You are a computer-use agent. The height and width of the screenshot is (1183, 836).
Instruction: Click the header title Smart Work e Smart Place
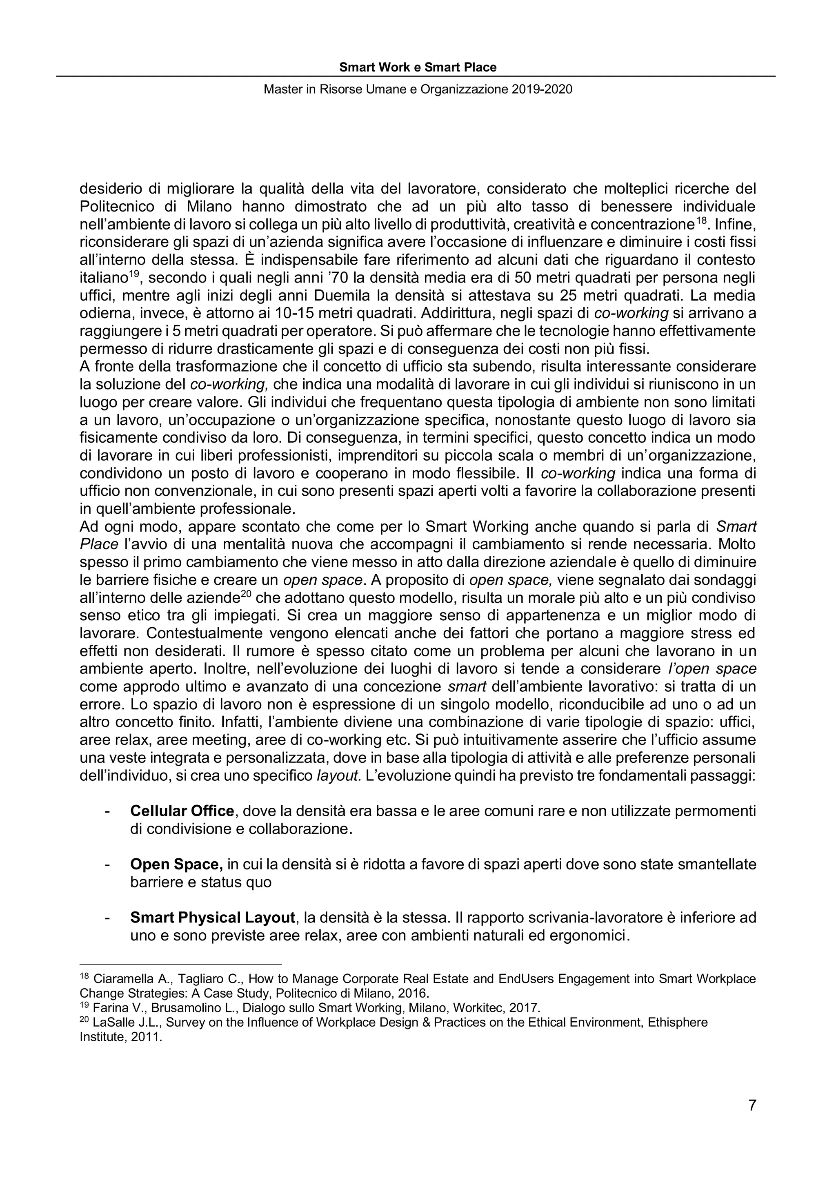pyautogui.click(x=418, y=67)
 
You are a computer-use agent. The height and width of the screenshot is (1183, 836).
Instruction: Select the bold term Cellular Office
pyautogui.click(x=182, y=811)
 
